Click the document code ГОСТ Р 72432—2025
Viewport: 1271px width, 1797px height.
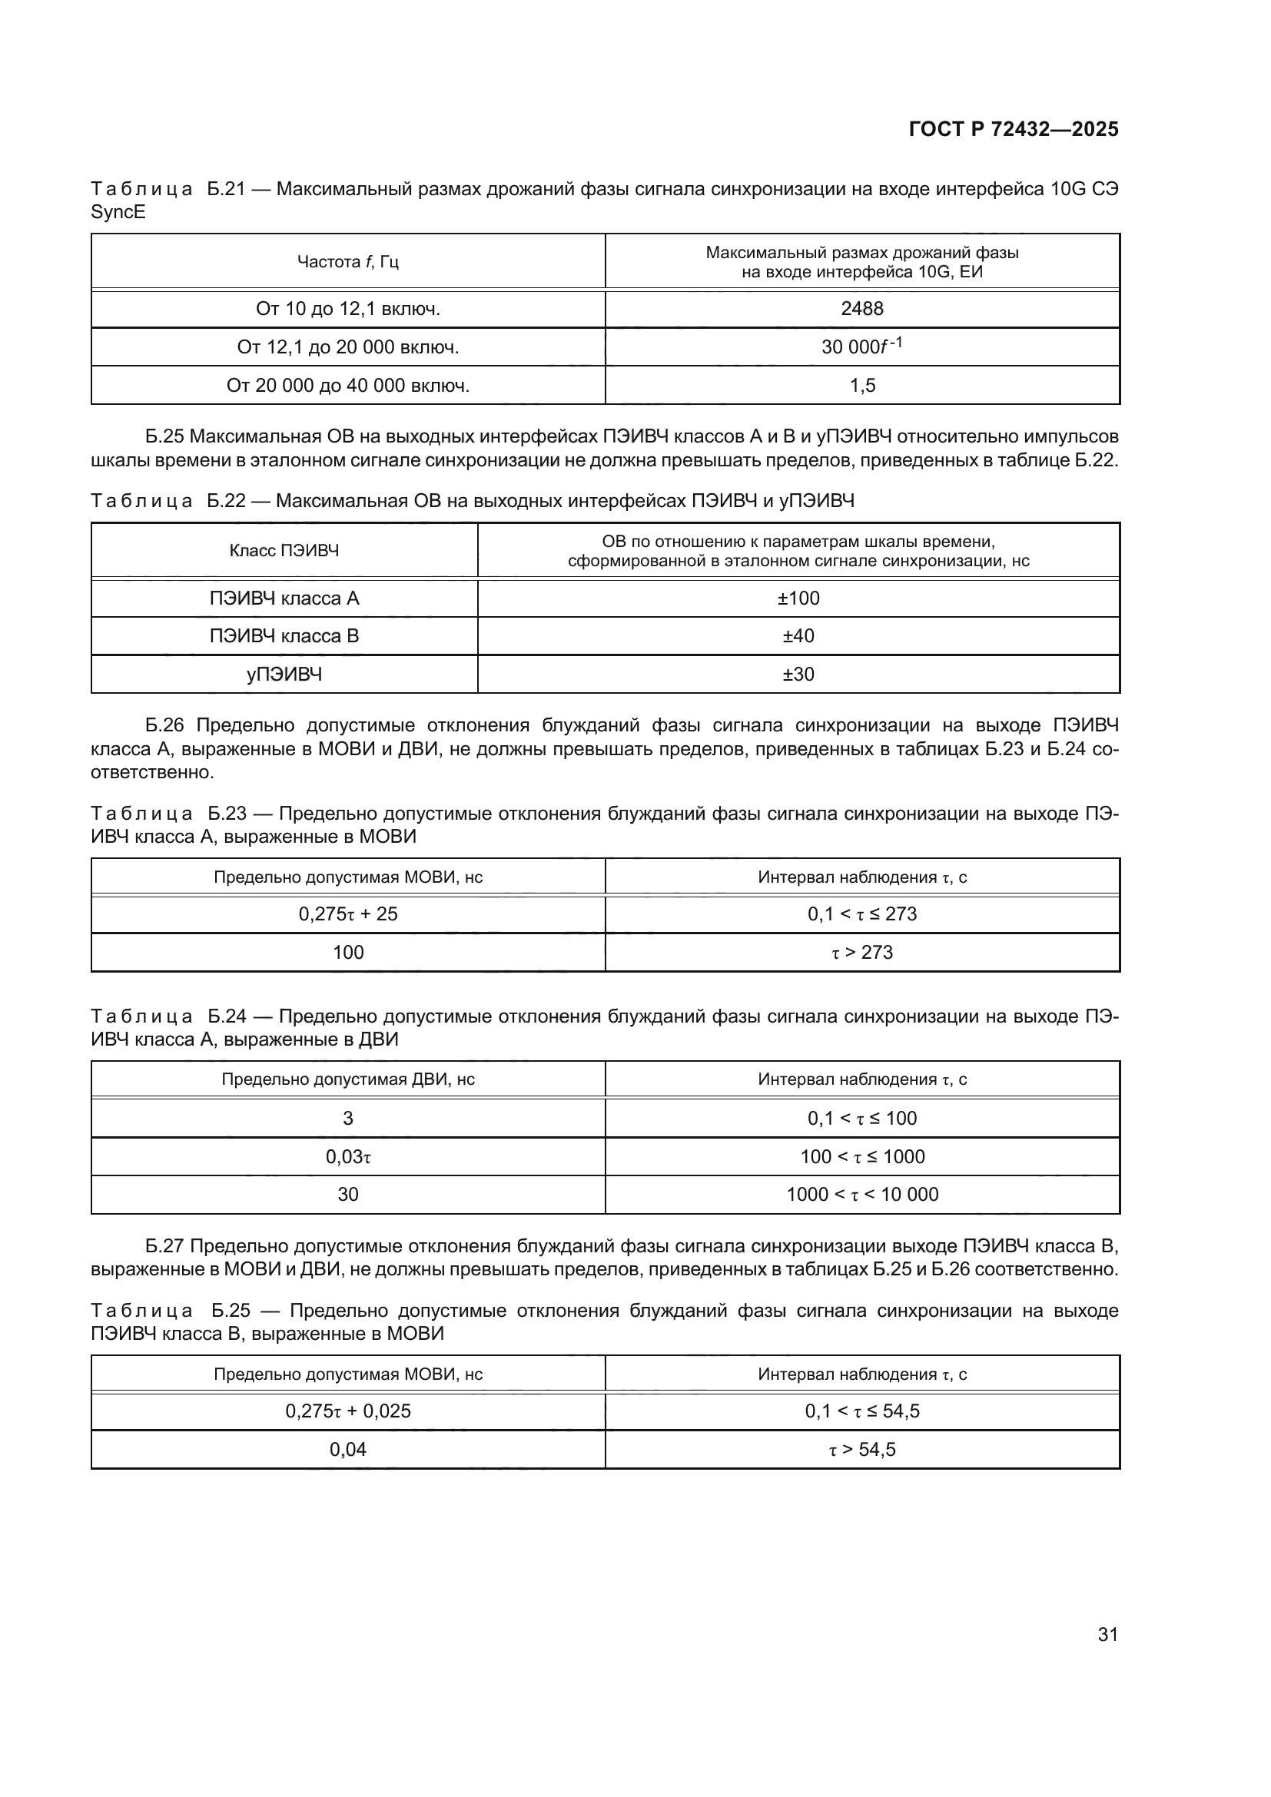(1014, 129)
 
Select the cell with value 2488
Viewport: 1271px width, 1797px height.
(861, 308)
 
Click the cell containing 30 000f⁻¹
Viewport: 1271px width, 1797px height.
(861, 346)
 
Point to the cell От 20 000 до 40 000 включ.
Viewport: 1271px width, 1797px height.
(347, 385)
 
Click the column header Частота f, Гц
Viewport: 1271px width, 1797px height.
(347, 261)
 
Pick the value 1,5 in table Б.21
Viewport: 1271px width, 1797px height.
(861, 385)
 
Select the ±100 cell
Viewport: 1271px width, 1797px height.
(798, 598)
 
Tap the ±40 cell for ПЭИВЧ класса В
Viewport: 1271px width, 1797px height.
(798, 635)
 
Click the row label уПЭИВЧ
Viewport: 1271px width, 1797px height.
(284, 674)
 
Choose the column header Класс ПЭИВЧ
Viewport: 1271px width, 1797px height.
(284, 550)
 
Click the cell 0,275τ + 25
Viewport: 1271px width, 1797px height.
(347, 913)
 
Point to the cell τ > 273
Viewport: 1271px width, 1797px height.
(861, 952)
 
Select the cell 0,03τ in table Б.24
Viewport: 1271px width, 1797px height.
(347, 1156)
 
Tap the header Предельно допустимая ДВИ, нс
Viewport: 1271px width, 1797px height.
(347, 1079)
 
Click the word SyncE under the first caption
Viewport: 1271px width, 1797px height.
(118, 212)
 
